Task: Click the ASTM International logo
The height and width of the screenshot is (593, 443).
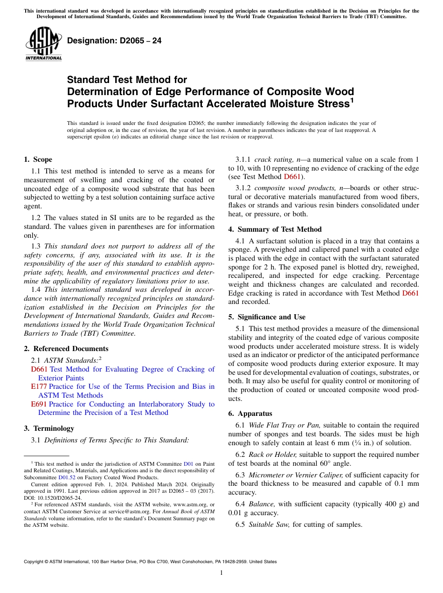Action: point(43,45)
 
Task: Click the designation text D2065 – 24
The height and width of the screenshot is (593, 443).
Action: point(114,41)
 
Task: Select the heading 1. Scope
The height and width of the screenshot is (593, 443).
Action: point(38,159)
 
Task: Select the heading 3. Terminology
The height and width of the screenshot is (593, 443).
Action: point(49,428)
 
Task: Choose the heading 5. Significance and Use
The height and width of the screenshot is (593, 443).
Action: point(267,317)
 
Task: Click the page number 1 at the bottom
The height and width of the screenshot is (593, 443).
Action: point(221,573)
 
